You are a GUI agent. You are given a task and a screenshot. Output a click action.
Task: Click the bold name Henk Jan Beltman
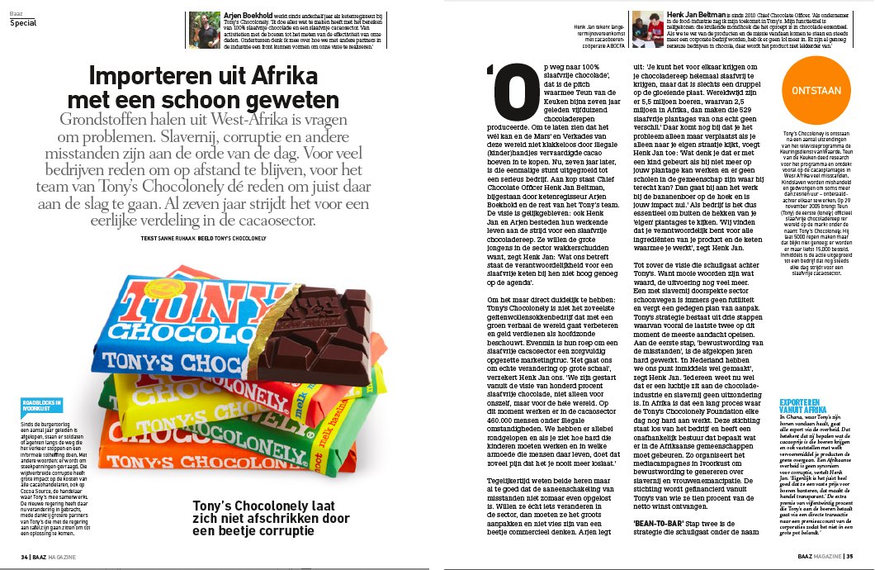[693, 14]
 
